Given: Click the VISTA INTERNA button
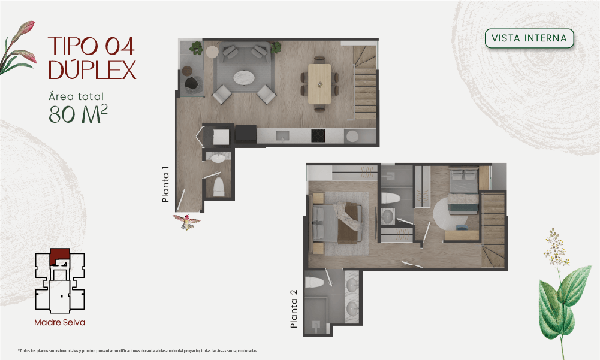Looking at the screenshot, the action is click(x=529, y=38).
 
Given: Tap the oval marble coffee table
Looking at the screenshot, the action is click(x=244, y=77).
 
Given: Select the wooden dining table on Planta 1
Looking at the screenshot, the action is click(x=319, y=84).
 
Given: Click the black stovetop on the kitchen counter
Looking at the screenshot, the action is click(x=318, y=135).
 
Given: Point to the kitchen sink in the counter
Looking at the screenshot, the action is click(x=283, y=135).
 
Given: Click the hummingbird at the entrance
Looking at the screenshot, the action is click(x=187, y=222).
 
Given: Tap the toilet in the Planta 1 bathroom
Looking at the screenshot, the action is click(x=219, y=187).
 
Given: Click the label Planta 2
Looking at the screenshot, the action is click(x=294, y=308).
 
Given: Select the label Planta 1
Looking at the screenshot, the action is click(x=165, y=184).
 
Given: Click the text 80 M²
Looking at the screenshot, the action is click(x=78, y=114).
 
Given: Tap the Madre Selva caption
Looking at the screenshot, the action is click(x=60, y=322).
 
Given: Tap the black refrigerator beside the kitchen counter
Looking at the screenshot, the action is click(x=246, y=134).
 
